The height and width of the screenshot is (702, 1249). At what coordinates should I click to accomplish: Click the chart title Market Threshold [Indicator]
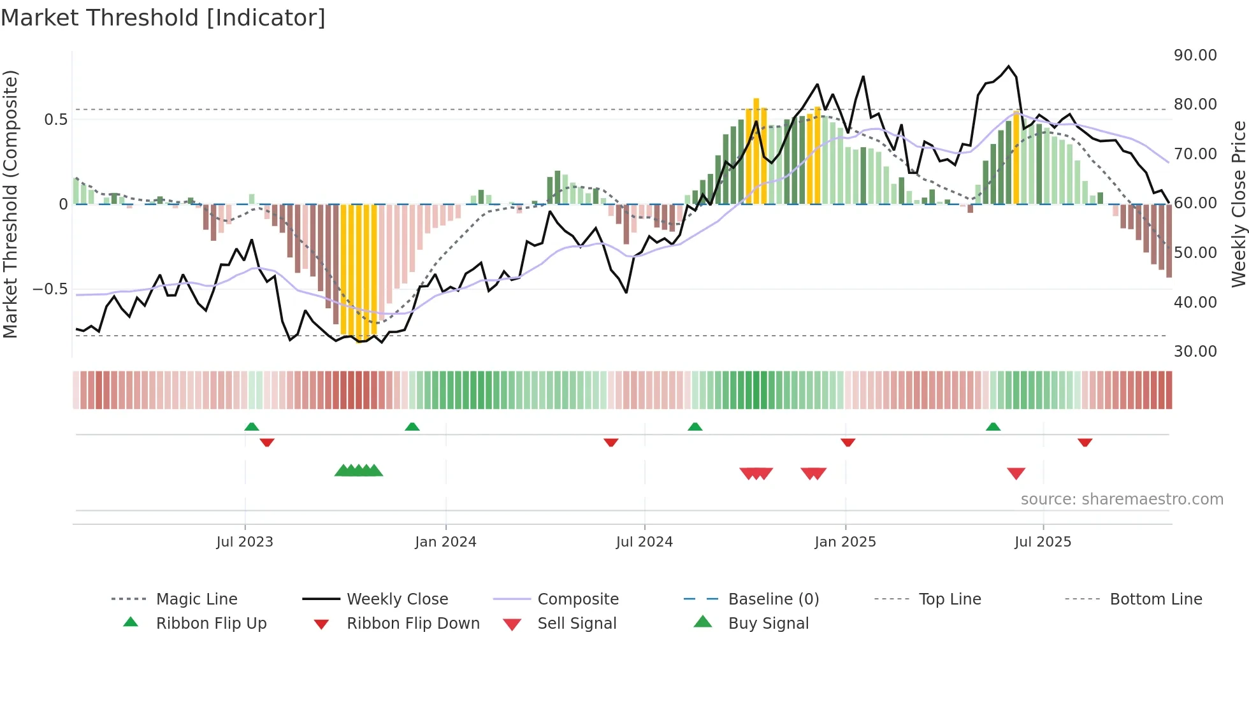point(163,18)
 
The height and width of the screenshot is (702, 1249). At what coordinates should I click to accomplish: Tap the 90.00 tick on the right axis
point(1195,55)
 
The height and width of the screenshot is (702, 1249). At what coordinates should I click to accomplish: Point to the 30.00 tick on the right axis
point(1195,352)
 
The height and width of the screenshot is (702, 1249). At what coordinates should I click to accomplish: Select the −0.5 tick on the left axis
point(50,289)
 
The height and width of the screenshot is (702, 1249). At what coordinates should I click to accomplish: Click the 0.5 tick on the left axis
point(55,120)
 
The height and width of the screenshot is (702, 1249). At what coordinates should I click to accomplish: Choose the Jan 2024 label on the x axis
point(445,542)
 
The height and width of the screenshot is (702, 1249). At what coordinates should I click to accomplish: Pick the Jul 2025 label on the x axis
point(1043,542)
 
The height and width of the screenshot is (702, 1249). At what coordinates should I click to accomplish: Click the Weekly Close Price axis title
point(1238,204)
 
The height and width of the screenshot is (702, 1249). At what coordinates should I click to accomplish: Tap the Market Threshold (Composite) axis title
point(10,204)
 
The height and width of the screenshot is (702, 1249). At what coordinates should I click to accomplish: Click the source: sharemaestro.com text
point(1122,499)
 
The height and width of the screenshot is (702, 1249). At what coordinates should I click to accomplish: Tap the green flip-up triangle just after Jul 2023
point(252,427)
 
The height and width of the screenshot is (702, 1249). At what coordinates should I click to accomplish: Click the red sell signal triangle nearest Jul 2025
point(1016,473)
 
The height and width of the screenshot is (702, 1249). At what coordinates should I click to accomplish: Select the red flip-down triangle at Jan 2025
point(848,442)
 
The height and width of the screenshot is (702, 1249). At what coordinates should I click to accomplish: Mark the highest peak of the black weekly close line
point(1008,66)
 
